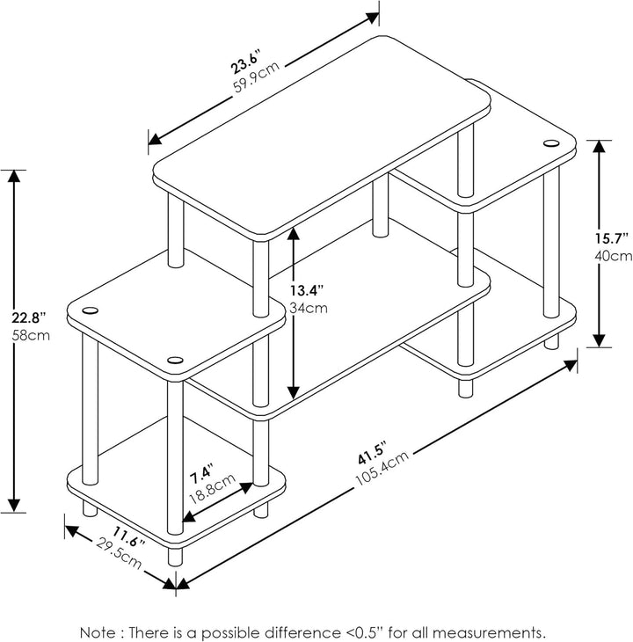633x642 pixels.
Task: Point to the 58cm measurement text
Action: coord(36,335)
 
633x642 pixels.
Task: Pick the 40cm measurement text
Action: coord(614,256)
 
